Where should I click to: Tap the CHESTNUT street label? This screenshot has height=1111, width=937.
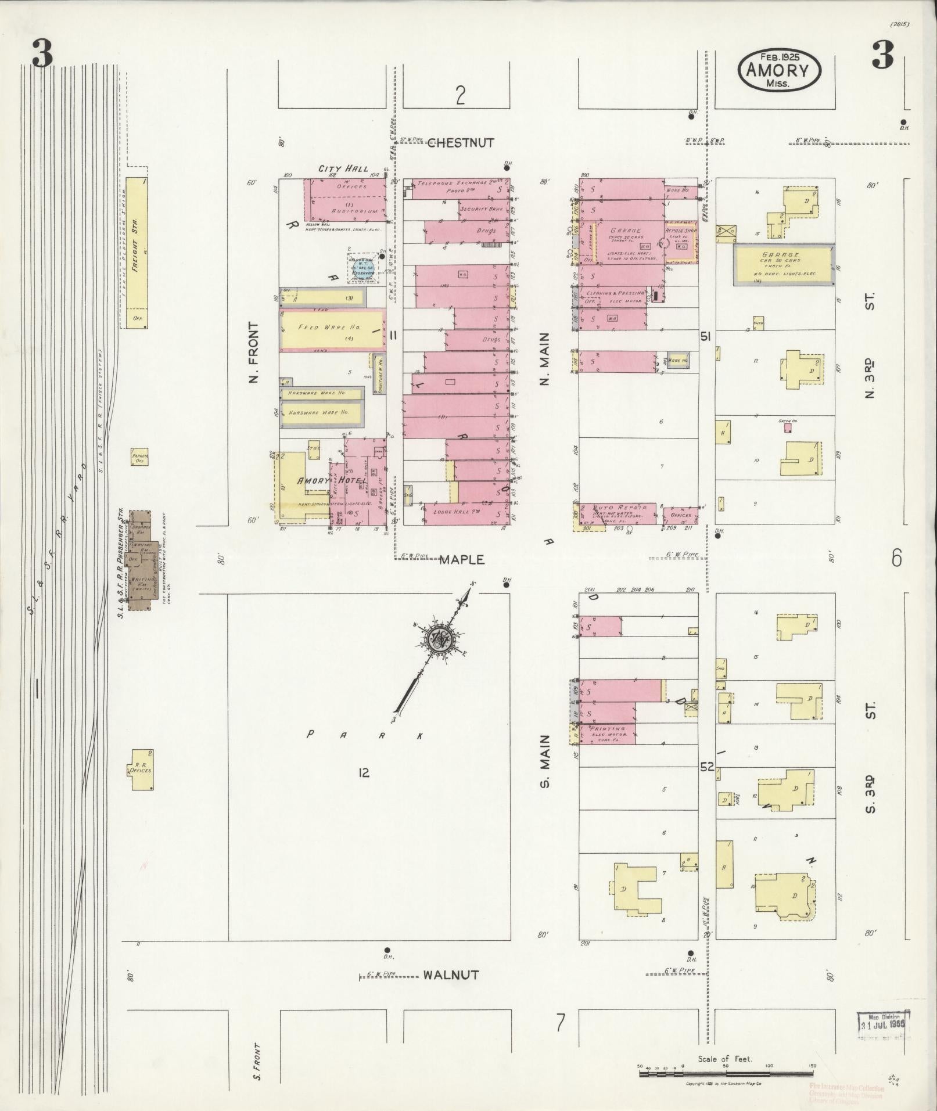[460, 143]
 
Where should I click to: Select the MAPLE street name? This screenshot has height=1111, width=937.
[462, 560]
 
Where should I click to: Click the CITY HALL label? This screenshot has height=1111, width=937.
[343, 168]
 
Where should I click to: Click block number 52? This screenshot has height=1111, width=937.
[706, 767]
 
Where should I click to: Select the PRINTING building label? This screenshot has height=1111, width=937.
[608, 728]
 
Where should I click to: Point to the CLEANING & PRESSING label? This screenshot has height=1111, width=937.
[619, 293]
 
